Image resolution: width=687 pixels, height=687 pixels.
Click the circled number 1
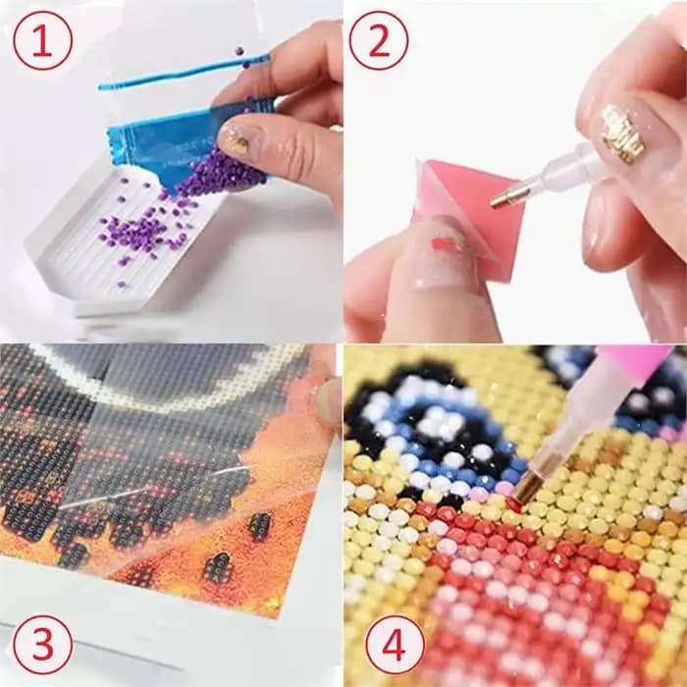click(42, 41)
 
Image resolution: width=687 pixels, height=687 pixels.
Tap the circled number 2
click(379, 41)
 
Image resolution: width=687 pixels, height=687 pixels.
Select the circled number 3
click(42, 645)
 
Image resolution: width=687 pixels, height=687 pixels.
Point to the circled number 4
click(395, 645)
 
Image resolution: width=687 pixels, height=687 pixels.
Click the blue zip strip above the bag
click(185, 71)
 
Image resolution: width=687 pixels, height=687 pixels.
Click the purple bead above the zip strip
click(239, 51)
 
